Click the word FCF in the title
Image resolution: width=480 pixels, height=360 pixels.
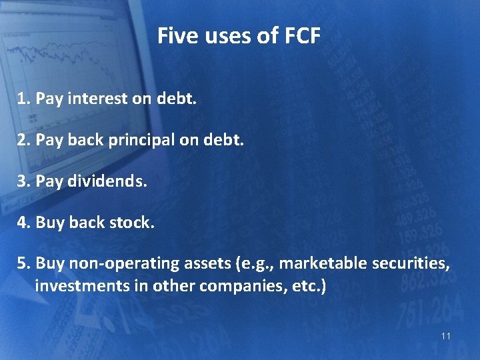click(x=300, y=36)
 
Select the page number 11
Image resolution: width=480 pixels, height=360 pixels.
click(x=445, y=336)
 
